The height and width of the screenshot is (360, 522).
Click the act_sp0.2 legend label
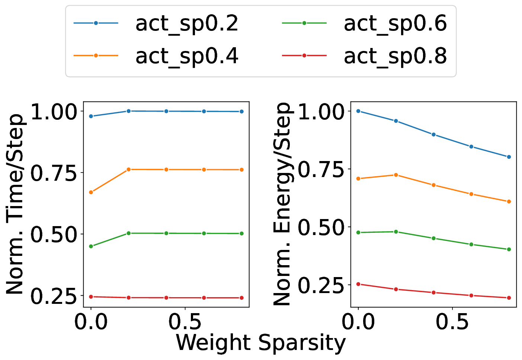tap(186, 24)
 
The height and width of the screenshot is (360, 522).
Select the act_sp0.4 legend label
tap(186, 56)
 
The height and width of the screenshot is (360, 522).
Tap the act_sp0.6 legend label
tap(395, 24)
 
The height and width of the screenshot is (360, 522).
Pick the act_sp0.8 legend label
tap(395, 56)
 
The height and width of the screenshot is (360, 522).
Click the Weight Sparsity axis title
tap(260, 343)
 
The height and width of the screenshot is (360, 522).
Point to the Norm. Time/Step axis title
tap(16, 204)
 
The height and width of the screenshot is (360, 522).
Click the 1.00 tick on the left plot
tap(54, 112)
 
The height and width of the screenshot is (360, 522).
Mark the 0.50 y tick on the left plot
tap(54, 234)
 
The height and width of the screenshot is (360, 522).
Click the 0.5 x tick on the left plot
tap(185, 322)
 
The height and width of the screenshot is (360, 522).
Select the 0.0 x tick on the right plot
tap(358, 322)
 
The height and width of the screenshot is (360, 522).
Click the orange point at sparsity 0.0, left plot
tap(91, 192)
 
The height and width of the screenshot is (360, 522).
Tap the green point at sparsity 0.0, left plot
tap(91, 246)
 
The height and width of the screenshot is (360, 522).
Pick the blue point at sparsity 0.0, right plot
tap(358, 111)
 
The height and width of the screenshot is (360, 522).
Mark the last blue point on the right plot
tap(509, 157)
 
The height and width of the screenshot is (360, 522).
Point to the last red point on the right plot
tap(509, 298)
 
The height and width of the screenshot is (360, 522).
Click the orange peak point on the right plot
tap(396, 175)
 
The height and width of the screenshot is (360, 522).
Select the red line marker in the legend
tap(304, 55)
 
